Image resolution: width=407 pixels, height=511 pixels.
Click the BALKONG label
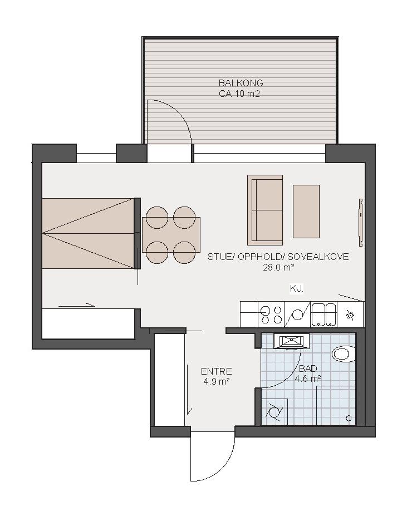(241, 83)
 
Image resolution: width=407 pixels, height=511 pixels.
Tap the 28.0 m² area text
(278, 268)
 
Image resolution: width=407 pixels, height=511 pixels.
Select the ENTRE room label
(217, 371)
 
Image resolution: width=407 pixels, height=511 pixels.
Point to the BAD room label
(308, 368)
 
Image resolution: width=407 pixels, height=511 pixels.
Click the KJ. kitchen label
(297, 288)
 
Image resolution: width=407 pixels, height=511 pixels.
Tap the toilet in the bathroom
(344, 354)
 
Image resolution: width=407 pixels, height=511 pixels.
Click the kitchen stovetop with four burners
(272, 315)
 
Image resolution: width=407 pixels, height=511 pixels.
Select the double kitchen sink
(323, 315)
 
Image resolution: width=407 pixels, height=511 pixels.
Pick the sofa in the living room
(265, 210)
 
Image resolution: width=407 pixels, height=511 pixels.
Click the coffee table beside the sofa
(306, 211)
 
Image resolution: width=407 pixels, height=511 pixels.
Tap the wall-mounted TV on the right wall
(361, 222)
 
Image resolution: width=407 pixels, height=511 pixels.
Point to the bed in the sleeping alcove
(89, 233)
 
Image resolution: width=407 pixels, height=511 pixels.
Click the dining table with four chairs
(171, 235)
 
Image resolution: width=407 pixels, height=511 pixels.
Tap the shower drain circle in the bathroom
(349, 418)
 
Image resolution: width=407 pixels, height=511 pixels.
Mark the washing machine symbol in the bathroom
(274, 411)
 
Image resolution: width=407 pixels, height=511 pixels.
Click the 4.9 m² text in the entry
(217, 381)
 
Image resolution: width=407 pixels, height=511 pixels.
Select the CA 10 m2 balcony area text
(239, 94)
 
